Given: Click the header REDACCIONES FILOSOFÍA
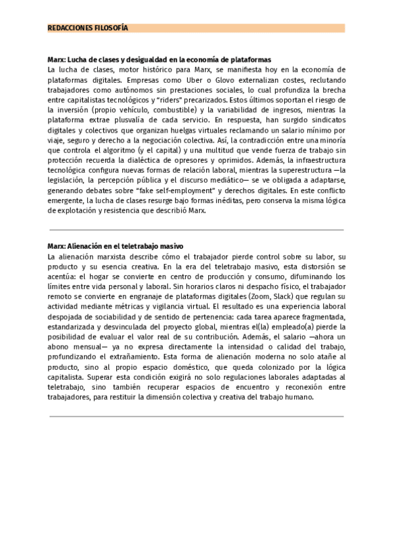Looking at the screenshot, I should pos(88,28).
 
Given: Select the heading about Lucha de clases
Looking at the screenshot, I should pos(160,59).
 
